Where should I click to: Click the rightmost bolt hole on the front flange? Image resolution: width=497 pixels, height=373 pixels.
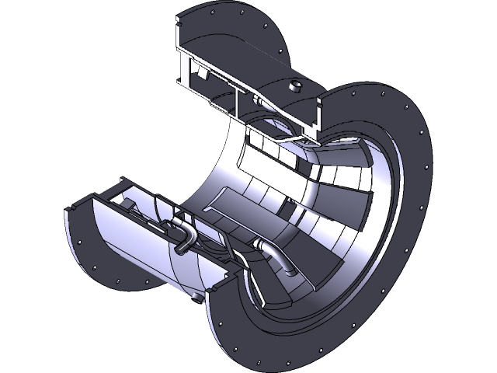tap(425, 166)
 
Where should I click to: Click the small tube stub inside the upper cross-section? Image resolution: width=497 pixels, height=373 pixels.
tap(256, 99)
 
